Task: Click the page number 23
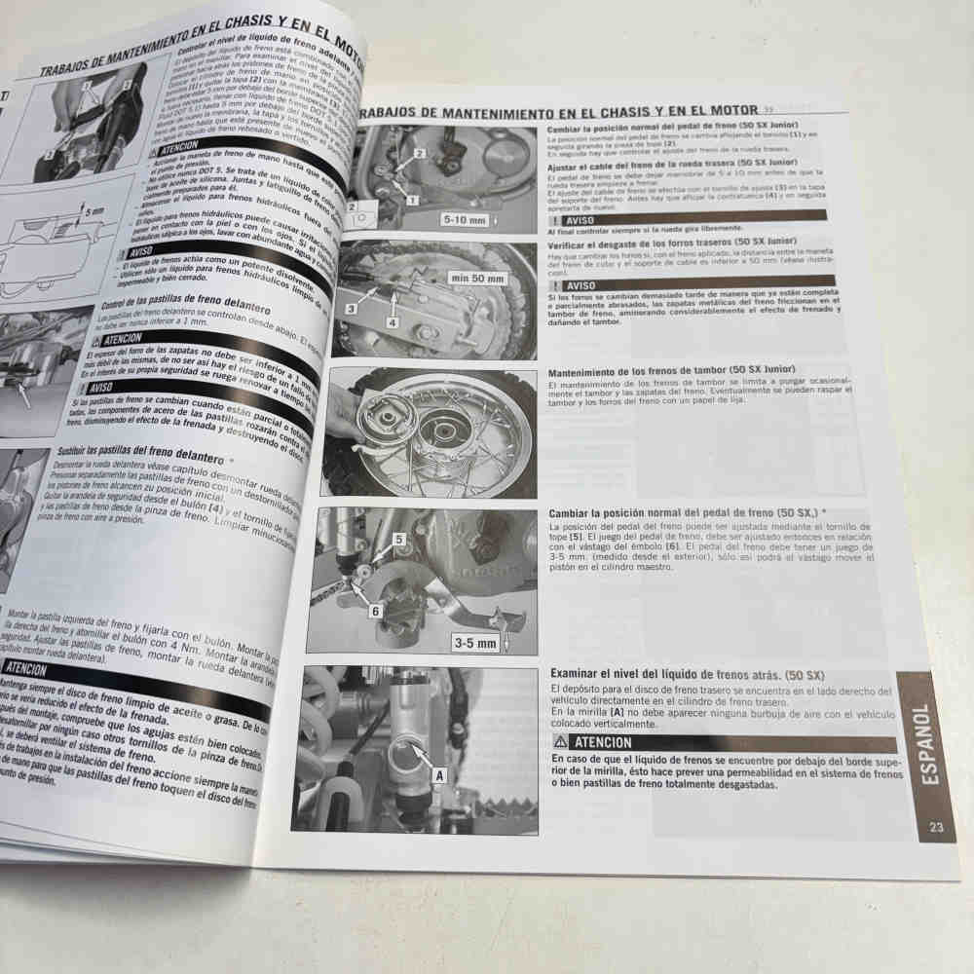tap(936, 828)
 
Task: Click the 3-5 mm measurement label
tap(475, 643)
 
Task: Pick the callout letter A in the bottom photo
tap(438, 775)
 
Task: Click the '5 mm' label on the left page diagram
tap(94, 210)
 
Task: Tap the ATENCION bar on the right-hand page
tap(722, 743)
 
